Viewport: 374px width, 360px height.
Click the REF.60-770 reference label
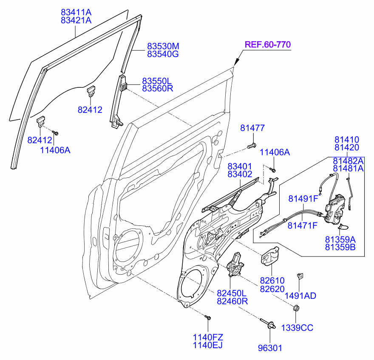268,45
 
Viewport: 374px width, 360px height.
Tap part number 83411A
76,12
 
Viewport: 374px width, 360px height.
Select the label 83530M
163,46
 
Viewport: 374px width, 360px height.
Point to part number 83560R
157,88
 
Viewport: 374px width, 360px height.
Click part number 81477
252,128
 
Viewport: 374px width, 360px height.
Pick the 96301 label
270,348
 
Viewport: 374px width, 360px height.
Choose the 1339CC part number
297,328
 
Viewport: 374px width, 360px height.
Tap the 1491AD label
300,295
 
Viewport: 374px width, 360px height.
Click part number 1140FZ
208,337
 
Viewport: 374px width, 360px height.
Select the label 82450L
232,293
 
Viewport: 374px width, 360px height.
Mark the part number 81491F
303,199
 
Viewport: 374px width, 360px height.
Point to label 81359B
340,247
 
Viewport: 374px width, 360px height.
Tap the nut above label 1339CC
296,308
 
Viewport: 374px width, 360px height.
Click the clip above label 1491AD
300,276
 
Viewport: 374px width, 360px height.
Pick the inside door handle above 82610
270,256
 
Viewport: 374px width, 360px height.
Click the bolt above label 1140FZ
208,318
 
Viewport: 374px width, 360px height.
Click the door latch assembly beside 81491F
335,209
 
